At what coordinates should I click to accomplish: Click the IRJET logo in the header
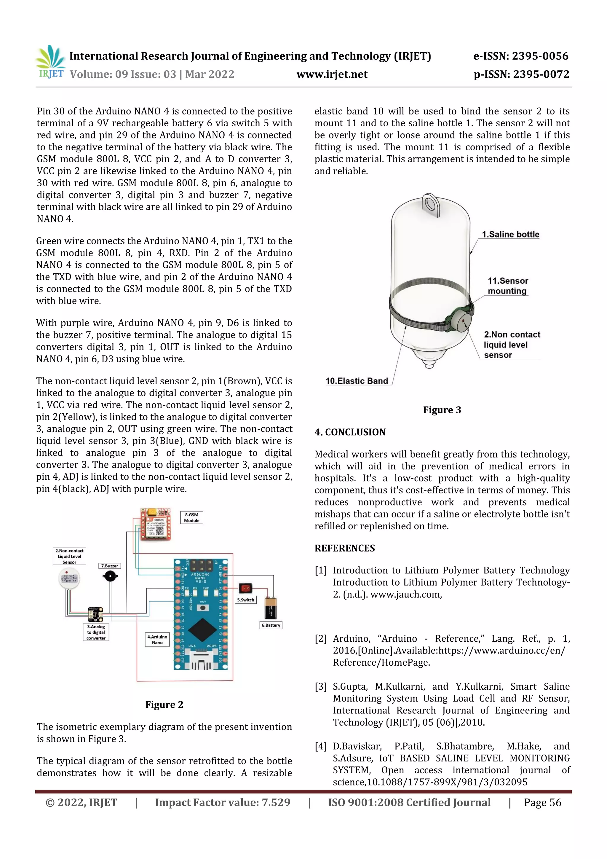50,62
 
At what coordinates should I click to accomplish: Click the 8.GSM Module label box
191,517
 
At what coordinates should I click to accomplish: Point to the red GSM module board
156,524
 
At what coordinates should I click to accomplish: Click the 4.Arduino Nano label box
157,639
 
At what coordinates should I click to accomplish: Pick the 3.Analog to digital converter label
96,632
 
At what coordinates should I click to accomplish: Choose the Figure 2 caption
164,705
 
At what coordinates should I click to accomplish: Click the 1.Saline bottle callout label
510,235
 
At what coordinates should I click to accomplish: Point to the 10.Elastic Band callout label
357,381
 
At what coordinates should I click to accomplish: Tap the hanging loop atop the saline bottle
430,204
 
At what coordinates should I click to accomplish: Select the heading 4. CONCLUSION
350,432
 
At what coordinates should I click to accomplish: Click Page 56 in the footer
542,802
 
